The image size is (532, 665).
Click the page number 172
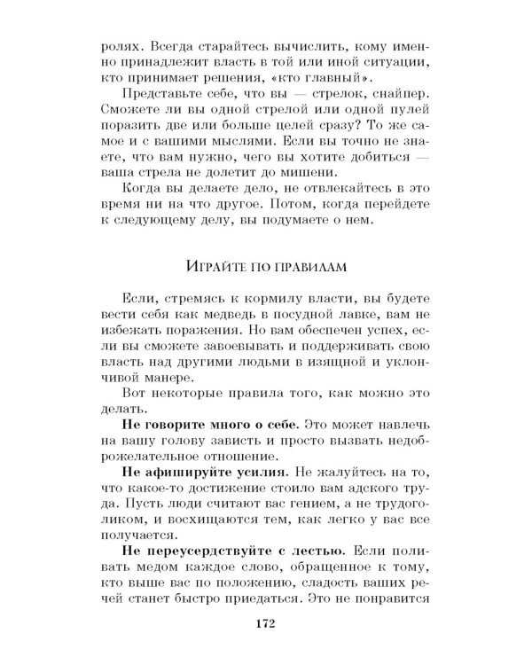tap(265, 624)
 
